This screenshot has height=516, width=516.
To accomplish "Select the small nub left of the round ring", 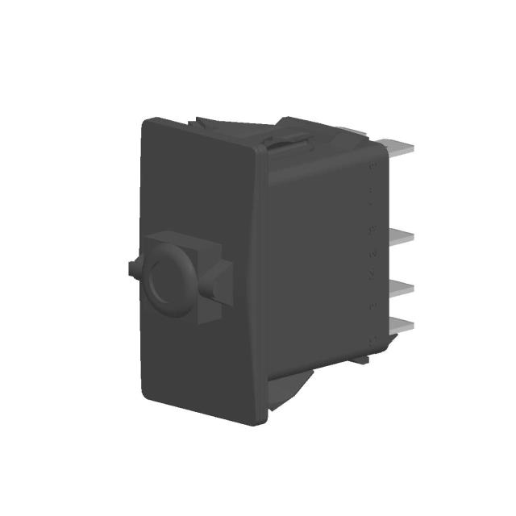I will coord(131,268).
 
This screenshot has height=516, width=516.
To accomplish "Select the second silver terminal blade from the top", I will coord(400,238).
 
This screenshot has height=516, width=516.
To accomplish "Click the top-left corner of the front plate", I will coord(146,123).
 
